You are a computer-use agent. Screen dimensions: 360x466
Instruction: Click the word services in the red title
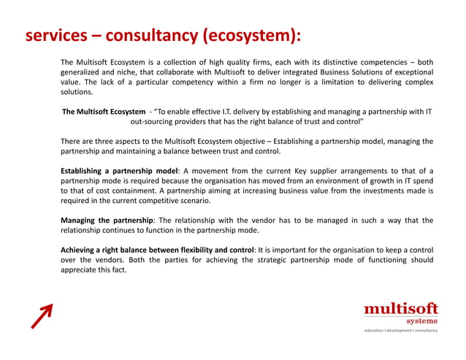pos(54,36)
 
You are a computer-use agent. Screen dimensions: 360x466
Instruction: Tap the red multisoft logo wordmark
pos(401,310)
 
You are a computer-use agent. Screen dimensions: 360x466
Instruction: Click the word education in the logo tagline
pos(378,331)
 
